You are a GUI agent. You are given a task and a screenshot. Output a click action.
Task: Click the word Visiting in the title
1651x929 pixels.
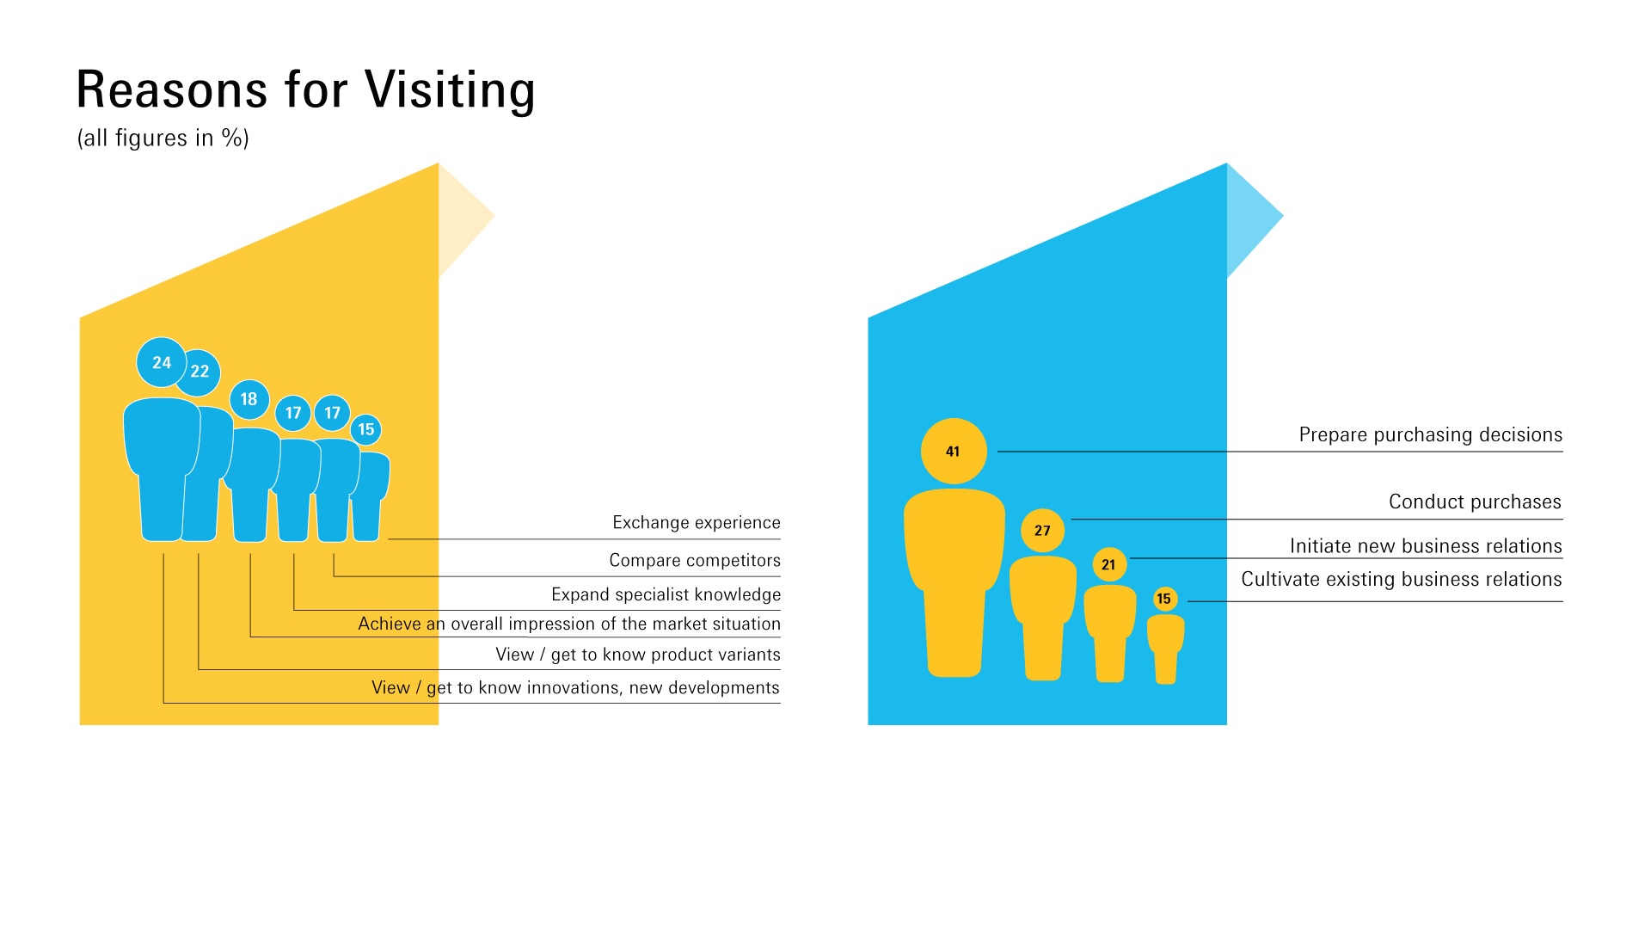pyautogui.click(x=450, y=90)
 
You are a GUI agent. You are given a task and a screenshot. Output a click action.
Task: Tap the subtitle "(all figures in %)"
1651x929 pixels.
pyautogui.click(x=163, y=138)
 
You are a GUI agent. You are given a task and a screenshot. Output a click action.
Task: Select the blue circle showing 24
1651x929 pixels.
pyautogui.click(x=162, y=363)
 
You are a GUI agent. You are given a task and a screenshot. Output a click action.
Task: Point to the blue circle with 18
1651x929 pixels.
pyautogui.click(x=249, y=399)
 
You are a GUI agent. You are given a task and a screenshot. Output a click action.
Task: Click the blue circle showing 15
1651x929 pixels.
pyautogui.click(x=366, y=429)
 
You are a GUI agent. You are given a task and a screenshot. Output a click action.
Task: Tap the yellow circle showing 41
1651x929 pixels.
pyautogui.click(x=954, y=452)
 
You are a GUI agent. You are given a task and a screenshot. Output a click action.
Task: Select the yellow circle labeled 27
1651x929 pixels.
pyautogui.click(x=1042, y=531)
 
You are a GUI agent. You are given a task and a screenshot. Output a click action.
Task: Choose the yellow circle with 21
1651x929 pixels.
pyautogui.click(x=1109, y=564)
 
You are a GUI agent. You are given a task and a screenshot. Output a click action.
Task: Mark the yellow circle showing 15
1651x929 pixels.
pyautogui.click(x=1164, y=599)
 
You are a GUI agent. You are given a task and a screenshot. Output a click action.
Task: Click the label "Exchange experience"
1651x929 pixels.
pyautogui.click(x=697, y=523)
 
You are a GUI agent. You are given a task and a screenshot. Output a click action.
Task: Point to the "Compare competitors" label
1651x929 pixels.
pyautogui.click(x=695, y=561)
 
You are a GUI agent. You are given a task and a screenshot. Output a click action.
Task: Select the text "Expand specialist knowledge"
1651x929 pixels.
pyautogui.click(x=666, y=594)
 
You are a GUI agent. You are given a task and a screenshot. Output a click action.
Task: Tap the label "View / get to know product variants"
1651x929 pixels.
pyautogui.click(x=638, y=655)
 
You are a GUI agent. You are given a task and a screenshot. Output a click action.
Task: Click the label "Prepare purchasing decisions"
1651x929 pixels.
pyautogui.click(x=1431, y=435)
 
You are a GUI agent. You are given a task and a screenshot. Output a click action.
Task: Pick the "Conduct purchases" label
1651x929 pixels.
pyautogui.click(x=1476, y=502)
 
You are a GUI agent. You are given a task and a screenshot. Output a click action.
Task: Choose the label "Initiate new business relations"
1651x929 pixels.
pyautogui.click(x=1426, y=546)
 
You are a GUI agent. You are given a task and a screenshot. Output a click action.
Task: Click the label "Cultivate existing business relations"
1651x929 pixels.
pyautogui.click(x=1402, y=580)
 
